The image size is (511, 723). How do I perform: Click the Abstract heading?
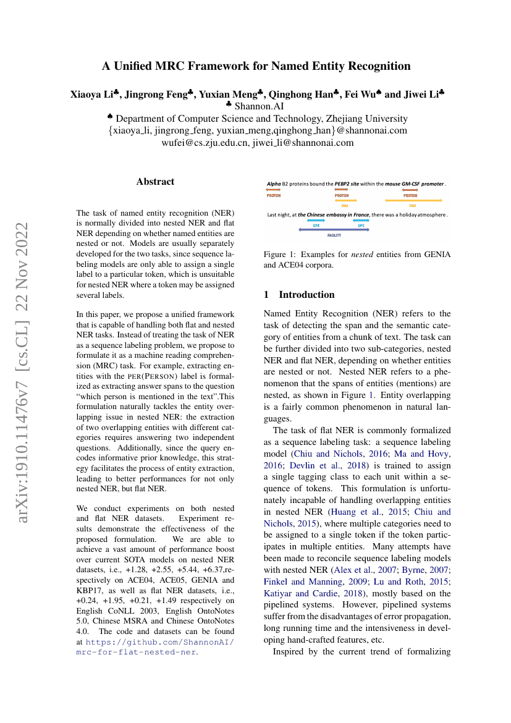(155, 182)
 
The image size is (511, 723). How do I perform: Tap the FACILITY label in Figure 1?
(334, 235)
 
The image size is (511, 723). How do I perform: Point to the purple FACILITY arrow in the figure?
(334, 230)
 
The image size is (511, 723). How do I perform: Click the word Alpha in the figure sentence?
(274, 184)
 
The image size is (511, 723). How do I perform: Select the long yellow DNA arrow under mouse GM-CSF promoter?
(413, 201)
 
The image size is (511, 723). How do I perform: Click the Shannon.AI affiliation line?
(255, 106)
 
